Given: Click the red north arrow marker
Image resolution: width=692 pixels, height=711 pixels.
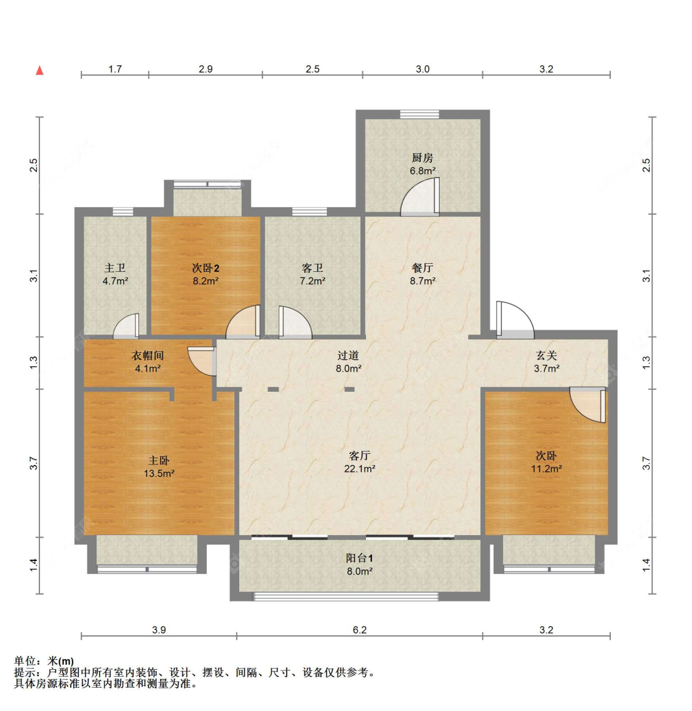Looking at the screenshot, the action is pyautogui.click(x=40, y=70).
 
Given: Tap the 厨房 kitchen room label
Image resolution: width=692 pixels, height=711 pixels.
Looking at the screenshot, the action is pyautogui.click(x=422, y=158).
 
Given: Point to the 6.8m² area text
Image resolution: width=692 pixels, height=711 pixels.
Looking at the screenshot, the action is pyautogui.click(x=423, y=171).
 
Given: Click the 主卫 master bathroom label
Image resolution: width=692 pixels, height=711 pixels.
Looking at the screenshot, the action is pyautogui.click(x=115, y=268).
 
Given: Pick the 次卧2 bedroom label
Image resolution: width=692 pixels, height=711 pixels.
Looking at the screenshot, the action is pyautogui.click(x=205, y=268).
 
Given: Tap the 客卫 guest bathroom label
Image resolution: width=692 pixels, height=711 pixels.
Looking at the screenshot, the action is pyautogui.click(x=312, y=268).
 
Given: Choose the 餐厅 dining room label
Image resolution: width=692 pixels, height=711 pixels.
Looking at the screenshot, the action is pyautogui.click(x=423, y=268).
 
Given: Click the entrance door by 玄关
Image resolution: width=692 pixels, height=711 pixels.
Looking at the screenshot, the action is pyautogui.click(x=515, y=320).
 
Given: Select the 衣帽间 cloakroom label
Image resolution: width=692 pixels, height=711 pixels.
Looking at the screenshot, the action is pyautogui.click(x=148, y=355).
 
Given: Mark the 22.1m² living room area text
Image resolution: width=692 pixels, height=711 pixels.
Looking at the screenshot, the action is pyautogui.click(x=360, y=469).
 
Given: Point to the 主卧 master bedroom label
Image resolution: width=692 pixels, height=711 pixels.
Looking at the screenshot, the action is pyautogui.click(x=159, y=461).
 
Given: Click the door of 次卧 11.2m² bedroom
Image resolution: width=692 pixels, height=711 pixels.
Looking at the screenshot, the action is pyautogui.click(x=588, y=405).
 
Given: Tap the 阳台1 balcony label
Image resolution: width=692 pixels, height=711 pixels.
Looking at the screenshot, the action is pyautogui.click(x=360, y=558).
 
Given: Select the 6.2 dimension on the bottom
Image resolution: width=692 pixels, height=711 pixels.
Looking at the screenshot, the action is pyautogui.click(x=360, y=630).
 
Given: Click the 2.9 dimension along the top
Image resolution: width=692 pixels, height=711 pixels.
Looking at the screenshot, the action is pyautogui.click(x=205, y=69).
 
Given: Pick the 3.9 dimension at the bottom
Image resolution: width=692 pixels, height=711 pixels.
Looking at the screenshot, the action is pyautogui.click(x=159, y=630).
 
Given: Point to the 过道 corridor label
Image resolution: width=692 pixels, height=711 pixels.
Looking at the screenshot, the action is pyautogui.click(x=348, y=355).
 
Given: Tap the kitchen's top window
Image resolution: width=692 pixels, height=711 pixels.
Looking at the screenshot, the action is pyautogui.click(x=420, y=114).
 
